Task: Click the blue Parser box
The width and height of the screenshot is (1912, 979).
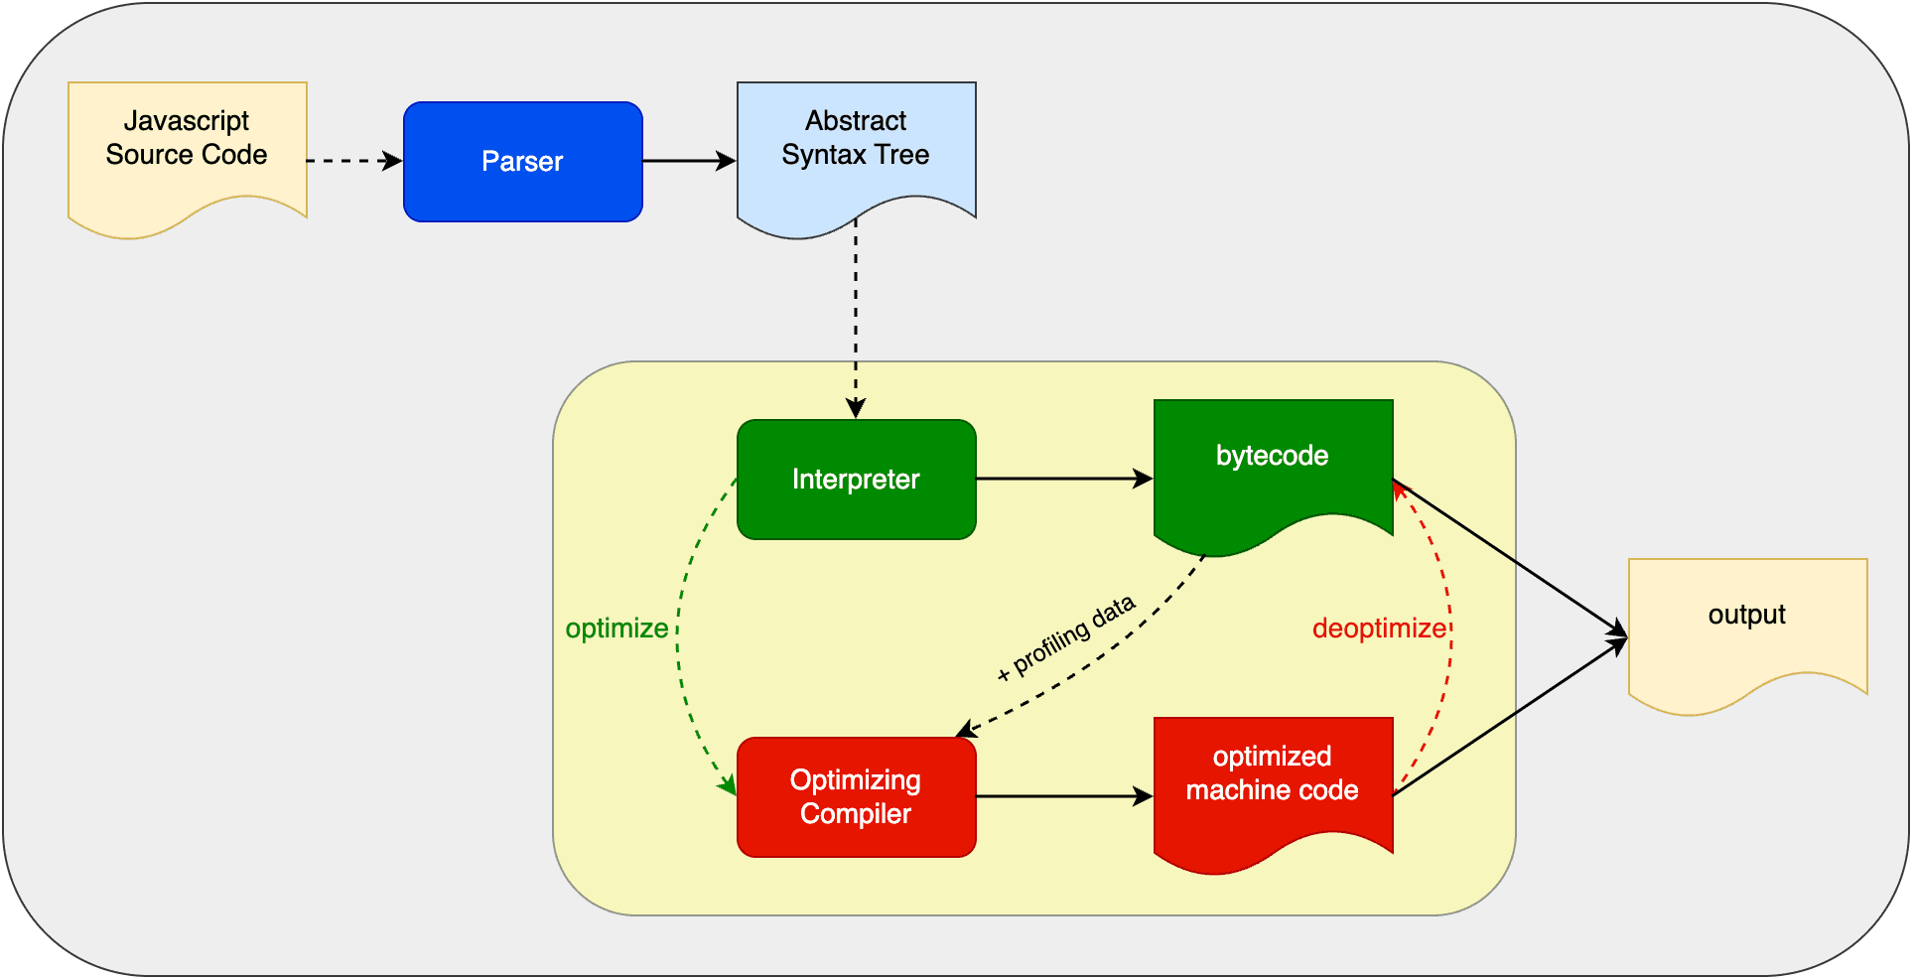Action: (x=523, y=162)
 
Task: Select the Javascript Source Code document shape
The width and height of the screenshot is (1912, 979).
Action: (x=187, y=149)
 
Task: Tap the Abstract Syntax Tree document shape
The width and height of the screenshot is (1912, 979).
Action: (x=856, y=149)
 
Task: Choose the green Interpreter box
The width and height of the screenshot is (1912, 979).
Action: (x=856, y=480)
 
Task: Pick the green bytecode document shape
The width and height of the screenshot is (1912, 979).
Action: (x=1273, y=467)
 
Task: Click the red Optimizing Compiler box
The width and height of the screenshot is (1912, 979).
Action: (x=856, y=797)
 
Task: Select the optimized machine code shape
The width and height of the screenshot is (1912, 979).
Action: (x=1273, y=784)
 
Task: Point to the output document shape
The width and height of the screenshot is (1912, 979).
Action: (x=1747, y=626)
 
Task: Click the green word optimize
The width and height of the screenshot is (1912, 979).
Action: (x=616, y=629)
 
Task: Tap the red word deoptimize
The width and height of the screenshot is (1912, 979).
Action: (x=1379, y=629)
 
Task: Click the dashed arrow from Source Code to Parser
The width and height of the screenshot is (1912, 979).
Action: (x=352, y=161)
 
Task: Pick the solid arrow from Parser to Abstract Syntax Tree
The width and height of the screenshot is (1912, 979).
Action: (x=688, y=161)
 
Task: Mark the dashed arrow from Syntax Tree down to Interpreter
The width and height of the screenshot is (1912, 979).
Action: (x=856, y=318)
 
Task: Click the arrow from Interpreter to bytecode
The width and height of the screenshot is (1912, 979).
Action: (x=1062, y=479)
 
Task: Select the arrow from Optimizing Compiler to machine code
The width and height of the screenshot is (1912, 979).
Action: (x=1062, y=796)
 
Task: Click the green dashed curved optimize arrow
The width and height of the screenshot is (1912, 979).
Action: (x=679, y=635)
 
